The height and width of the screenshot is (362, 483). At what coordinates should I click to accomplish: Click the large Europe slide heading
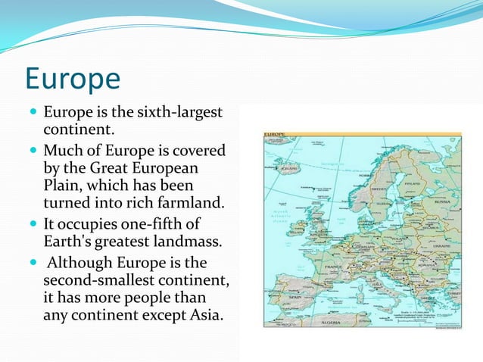click(x=73, y=79)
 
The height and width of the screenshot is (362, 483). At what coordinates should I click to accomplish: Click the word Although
click(x=82, y=264)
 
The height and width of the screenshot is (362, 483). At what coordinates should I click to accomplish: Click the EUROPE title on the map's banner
click(x=274, y=135)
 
